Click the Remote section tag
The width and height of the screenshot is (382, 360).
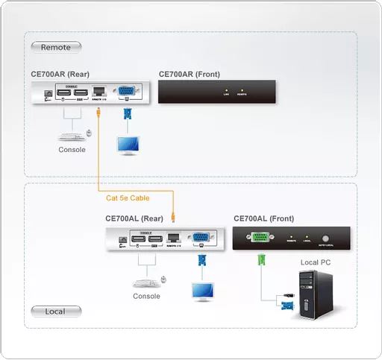[56, 48]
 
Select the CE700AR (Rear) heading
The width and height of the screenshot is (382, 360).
[63, 74]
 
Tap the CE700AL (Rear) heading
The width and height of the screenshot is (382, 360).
[134, 218]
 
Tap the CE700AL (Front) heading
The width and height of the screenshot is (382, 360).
[263, 218]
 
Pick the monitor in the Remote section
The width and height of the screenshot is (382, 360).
[129, 143]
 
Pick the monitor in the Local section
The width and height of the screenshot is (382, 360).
[202, 290]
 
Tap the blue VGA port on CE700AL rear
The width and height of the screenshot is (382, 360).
[201, 239]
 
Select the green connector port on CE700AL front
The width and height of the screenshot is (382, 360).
[260, 239]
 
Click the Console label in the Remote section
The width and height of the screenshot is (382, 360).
[72, 150]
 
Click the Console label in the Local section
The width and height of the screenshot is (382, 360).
[146, 296]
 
